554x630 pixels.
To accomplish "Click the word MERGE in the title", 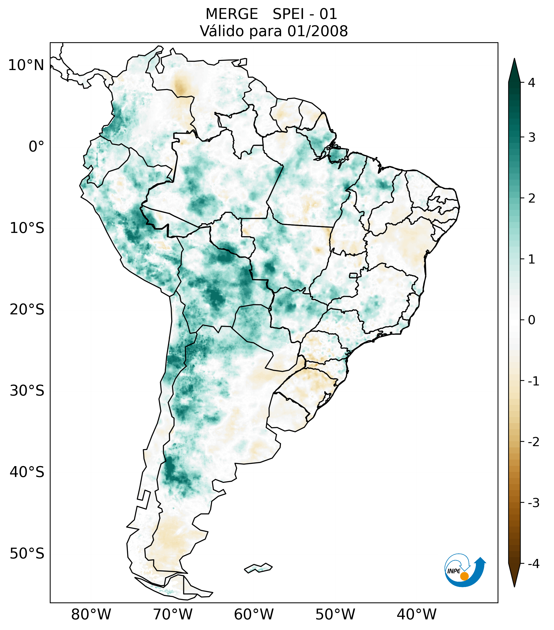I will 231,14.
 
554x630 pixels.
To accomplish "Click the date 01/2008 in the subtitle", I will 317,31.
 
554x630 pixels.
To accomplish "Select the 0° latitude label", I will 36,146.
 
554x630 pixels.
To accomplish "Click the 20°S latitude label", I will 27,310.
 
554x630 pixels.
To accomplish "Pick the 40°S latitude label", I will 27,472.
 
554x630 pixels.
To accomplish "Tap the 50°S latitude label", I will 27,554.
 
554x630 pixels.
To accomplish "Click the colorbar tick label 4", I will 531,83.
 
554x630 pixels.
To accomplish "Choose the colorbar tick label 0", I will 531,320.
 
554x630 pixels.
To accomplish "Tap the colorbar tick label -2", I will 533,442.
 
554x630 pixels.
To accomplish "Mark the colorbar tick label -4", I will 533,564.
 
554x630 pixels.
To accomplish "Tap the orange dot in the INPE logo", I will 464,576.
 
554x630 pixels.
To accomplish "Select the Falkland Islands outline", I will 258,568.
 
